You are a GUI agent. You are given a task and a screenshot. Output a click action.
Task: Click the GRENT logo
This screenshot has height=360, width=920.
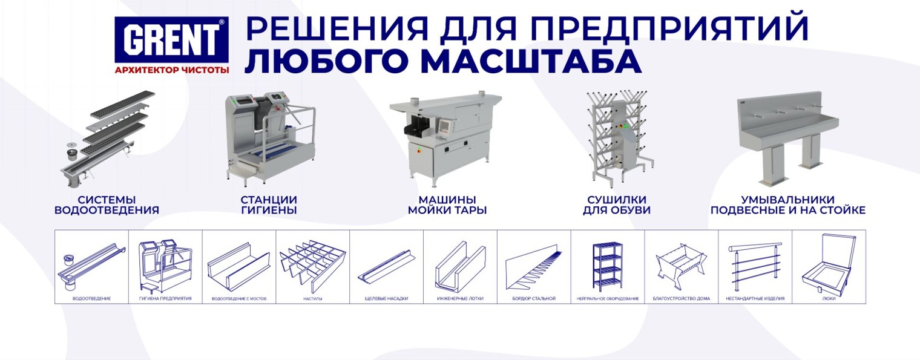[171, 40]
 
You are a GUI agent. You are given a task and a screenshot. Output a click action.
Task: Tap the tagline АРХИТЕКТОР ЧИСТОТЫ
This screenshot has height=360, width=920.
[172, 70]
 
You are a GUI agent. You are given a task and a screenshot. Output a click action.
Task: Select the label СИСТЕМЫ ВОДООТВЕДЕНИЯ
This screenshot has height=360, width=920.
[107, 205]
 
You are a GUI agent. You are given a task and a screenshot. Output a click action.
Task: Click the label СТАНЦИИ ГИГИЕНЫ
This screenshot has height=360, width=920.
[269, 205]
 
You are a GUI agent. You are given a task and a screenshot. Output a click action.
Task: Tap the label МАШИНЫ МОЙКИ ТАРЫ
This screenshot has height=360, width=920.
[447, 205]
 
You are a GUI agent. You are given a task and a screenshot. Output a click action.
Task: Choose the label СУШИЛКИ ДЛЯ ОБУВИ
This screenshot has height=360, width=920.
[617, 205]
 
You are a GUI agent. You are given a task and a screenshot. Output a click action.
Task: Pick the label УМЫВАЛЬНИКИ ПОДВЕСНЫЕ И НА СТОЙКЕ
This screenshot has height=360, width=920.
[788, 205]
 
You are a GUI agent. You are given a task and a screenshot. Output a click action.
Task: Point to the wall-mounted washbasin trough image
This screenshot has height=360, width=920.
[788, 140]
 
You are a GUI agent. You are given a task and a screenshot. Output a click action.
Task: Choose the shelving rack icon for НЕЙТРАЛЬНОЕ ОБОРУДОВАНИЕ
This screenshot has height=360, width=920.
[608, 267]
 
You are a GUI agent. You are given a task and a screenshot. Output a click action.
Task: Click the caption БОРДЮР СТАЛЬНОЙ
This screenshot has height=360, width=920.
[534, 298]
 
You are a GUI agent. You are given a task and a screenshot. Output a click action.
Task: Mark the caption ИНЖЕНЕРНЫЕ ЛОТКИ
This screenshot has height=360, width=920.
[460, 298]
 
